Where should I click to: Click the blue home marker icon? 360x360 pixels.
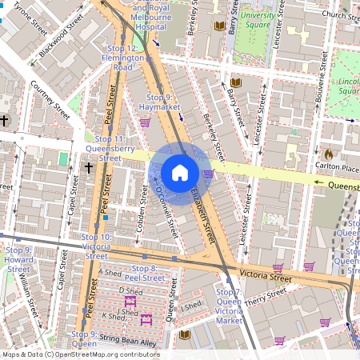(180, 173)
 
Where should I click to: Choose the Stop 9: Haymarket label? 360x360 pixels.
(156, 101)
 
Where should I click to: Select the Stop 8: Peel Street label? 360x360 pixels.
(147, 273)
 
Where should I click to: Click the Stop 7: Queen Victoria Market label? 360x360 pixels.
(229, 306)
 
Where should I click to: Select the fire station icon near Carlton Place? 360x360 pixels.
(327, 151)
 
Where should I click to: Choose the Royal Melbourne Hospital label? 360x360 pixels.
(151, 17)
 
